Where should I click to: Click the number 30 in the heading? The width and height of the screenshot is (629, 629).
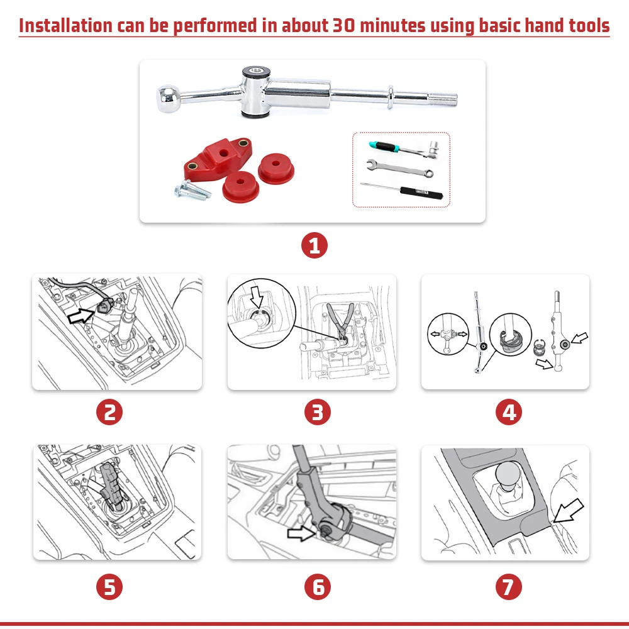(344, 25)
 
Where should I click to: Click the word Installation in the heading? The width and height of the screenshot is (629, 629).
(65, 25)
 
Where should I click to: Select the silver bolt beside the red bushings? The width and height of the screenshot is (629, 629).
(192, 189)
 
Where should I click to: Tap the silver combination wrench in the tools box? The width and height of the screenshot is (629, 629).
(399, 168)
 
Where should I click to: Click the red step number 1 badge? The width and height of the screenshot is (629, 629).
(314, 245)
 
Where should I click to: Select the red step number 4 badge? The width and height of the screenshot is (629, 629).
(509, 412)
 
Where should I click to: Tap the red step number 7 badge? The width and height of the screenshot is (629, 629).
(509, 587)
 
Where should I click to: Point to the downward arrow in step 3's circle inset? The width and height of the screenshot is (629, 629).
(257, 298)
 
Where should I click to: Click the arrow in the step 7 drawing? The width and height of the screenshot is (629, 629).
(568, 511)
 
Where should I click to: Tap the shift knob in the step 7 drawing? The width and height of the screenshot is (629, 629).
(508, 476)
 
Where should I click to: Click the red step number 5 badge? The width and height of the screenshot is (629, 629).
(109, 587)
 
